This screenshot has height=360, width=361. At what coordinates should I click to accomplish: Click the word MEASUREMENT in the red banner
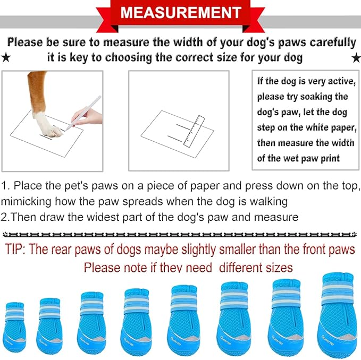point(180,12)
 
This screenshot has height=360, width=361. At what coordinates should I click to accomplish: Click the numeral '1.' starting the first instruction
point(5,186)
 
